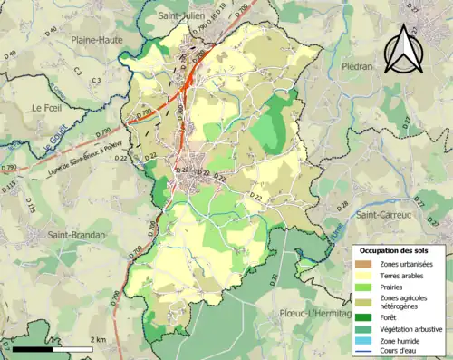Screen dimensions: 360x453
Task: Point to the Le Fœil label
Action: coord(49,107)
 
